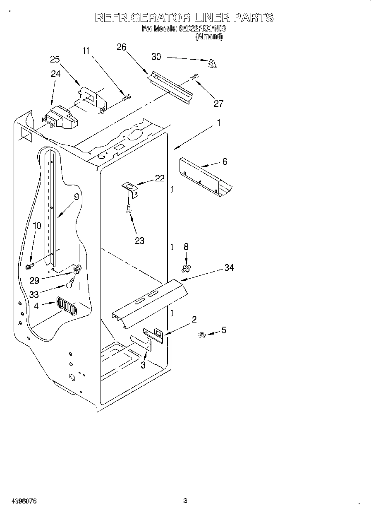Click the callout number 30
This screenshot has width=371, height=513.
point(156,57)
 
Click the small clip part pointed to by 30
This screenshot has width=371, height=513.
point(213,63)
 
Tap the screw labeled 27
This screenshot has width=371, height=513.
point(194,77)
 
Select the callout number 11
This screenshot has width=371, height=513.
point(86,51)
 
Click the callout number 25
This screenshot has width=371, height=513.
point(55,59)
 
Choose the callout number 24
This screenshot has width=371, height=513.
point(55,74)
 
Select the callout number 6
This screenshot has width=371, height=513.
point(225,161)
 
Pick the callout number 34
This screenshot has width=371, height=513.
point(229,268)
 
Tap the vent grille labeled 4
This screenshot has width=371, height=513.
point(66,307)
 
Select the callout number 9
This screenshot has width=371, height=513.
point(76,197)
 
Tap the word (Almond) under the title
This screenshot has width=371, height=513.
point(209,36)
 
